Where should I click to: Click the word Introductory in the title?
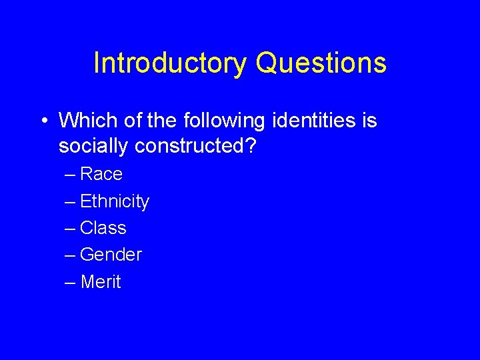(170, 63)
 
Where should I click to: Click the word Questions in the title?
(321, 63)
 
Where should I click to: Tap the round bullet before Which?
(43, 121)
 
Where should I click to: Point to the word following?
(213, 121)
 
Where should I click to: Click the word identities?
(311, 121)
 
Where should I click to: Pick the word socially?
(93, 145)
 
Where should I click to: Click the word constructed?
(190, 145)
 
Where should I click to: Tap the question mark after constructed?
(251, 145)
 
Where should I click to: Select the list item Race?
(101, 175)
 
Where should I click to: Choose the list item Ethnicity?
(114, 201)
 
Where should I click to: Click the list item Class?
(103, 228)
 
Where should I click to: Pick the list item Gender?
(111, 255)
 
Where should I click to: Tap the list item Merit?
(101, 282)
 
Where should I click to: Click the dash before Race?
(70, 175)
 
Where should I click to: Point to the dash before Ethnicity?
(70, 202)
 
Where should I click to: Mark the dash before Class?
(70, 229)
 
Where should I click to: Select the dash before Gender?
(70, 255)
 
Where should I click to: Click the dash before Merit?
(70, 283)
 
